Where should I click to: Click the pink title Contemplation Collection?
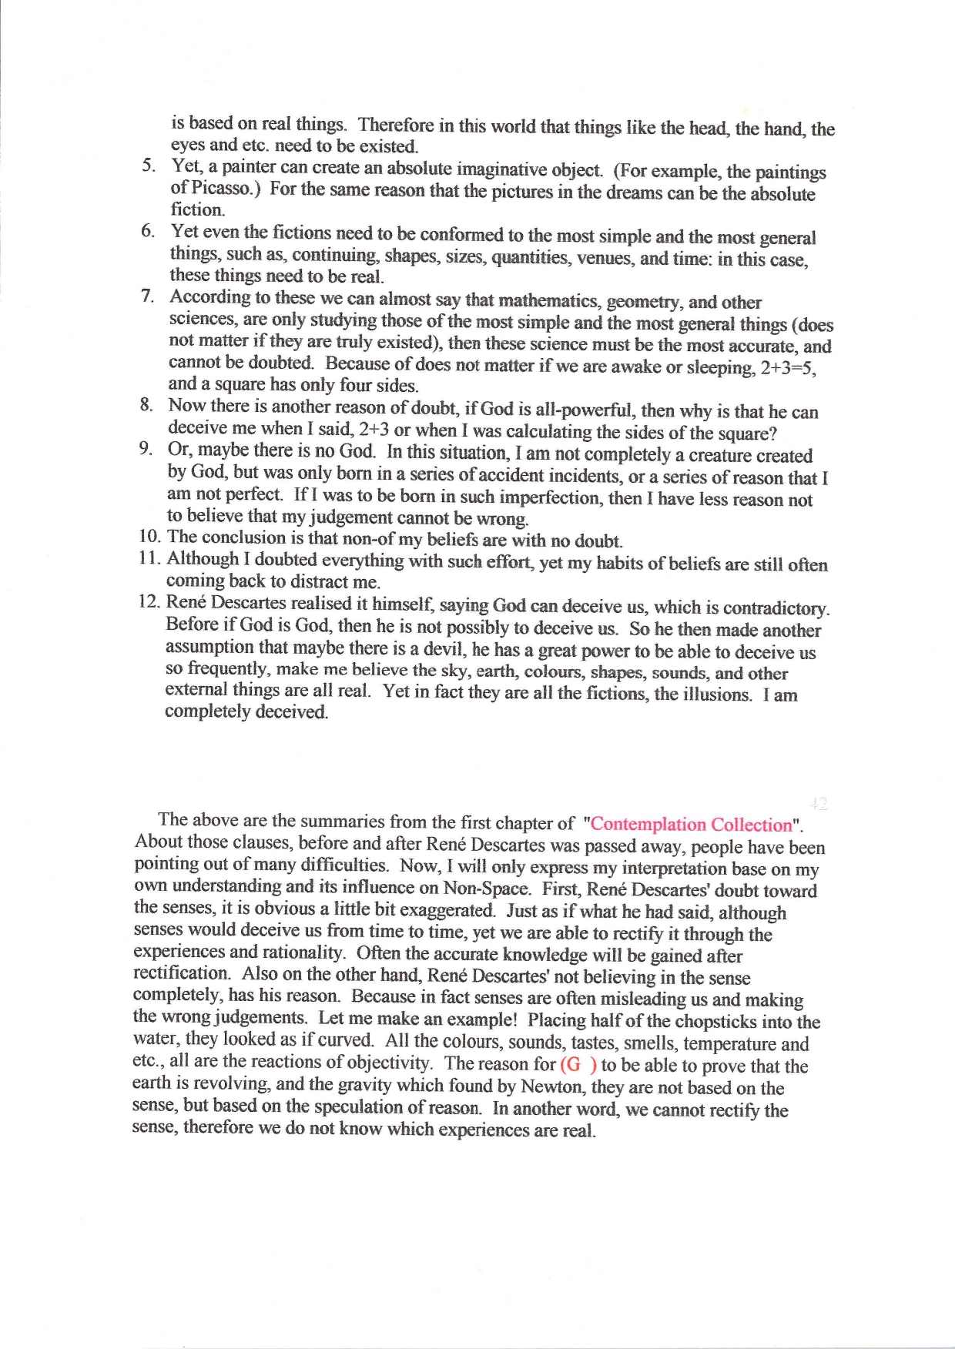(x=691, y=825)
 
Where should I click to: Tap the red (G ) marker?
(x=578, y=1065)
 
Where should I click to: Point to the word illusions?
(x=717, y=694)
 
